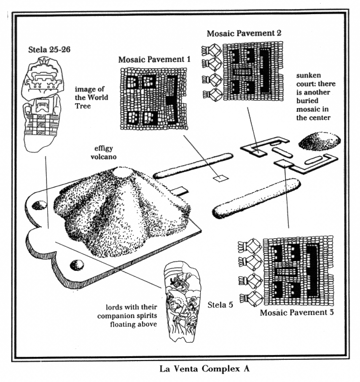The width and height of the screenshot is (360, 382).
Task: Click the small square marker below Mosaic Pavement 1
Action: [x=219, y=179]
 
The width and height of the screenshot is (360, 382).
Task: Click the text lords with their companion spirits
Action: [x=131, y=313]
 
